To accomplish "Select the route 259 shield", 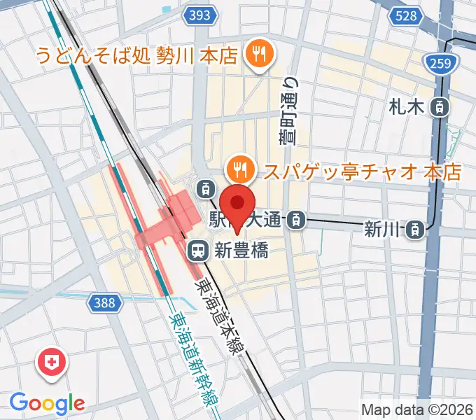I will (x=441, y=65).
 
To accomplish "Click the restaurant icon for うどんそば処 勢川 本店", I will (x=259, y=54).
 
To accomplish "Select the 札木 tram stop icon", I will (x=440, y=107).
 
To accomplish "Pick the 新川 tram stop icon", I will (x=416, y=228).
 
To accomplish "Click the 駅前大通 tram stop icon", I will (x=297, y=220).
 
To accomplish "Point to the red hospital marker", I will (x=51, y=363).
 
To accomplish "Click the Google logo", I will (x=47, y=403).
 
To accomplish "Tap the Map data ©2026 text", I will (x=416, y=409).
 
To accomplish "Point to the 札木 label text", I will (x=407, y=107).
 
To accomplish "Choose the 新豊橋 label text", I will (x=239, y=249).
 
